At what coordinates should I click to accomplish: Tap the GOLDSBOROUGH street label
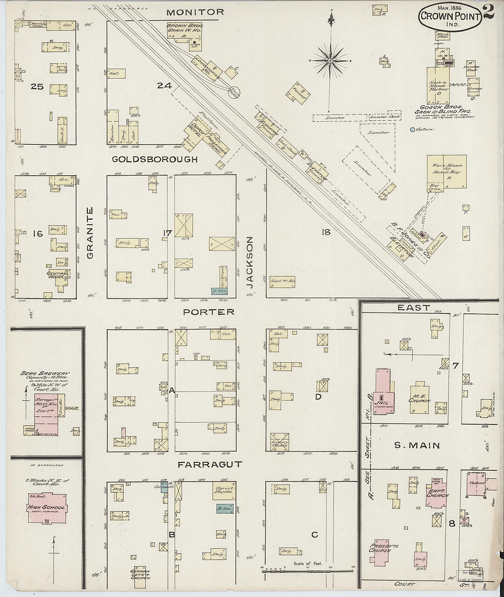tap(154, 159)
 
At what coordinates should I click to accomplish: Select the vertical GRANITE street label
tap(90, 233)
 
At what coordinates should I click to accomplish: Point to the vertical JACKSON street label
tap(250, 262)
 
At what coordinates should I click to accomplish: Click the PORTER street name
tap(208, 312)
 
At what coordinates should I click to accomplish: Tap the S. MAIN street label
tap(417, 445)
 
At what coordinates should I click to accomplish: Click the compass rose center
tap(330, 60)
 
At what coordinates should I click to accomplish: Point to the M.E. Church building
tap(419, 396)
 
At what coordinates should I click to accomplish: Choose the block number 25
tap(37, 86)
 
